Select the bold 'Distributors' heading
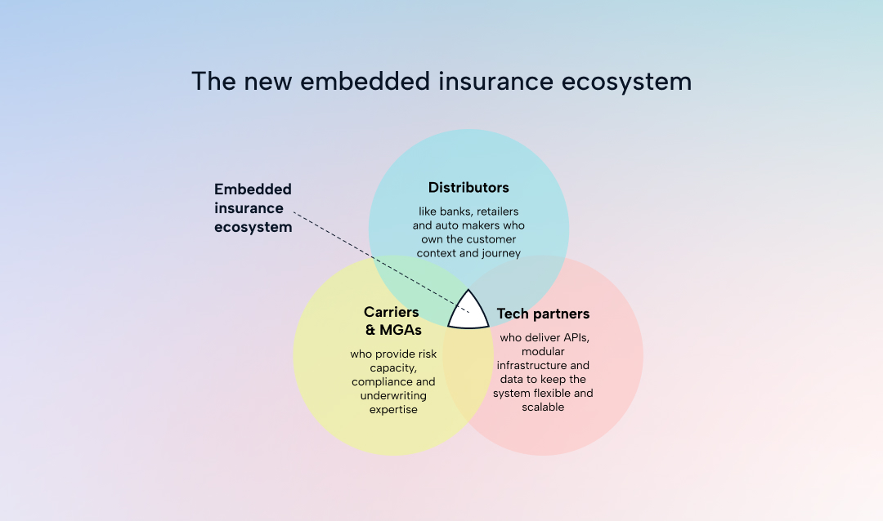[468, 188]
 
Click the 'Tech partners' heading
[543, 314]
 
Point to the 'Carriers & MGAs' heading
[392, 320]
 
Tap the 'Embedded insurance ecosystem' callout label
[253, 208]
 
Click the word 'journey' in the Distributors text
[502, 253]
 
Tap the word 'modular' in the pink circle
[543, 351]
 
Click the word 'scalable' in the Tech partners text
[543, 407]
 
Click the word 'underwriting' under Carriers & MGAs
[393, 395]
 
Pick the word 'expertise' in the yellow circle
[393, 409]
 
